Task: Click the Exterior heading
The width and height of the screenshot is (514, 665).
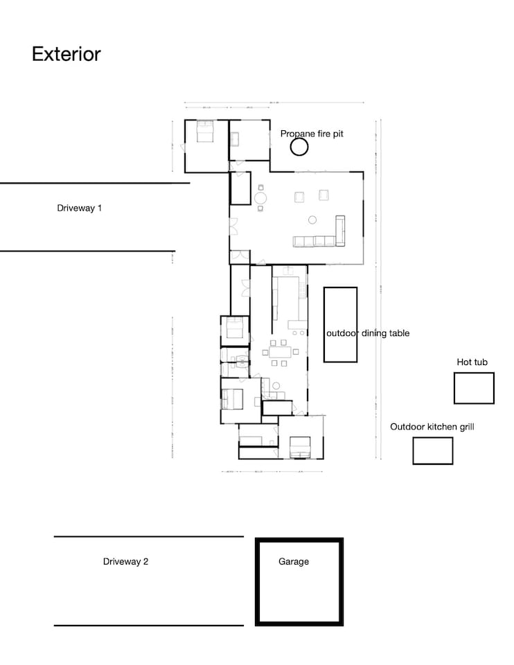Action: click(x=67, y=54)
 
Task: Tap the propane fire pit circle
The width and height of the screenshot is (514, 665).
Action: click(x=299, y=147)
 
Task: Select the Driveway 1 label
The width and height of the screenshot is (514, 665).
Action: click(x=79, y=208)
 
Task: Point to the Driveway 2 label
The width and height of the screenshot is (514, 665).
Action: click(x=125, y=562)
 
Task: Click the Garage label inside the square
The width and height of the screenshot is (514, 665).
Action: click(x=294, y=562)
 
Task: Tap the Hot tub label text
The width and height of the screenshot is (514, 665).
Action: click(x=472, y=362)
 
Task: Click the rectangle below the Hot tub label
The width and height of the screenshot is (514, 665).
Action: click(x=474, y=388)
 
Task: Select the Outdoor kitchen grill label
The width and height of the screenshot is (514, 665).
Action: click(x=432, y=427)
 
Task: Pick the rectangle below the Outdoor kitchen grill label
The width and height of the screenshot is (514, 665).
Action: click(x=432, y=450)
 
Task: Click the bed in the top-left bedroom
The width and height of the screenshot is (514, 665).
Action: click(x=205, y=132)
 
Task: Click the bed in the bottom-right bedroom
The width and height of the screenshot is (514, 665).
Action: click(x=300, y=447)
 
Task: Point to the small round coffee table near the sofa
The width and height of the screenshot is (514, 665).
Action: click(x=312, y=220)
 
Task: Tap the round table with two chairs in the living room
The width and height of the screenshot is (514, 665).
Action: click(x=260, y=197)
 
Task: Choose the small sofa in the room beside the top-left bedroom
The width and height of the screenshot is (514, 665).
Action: click(x=235, y=139)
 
